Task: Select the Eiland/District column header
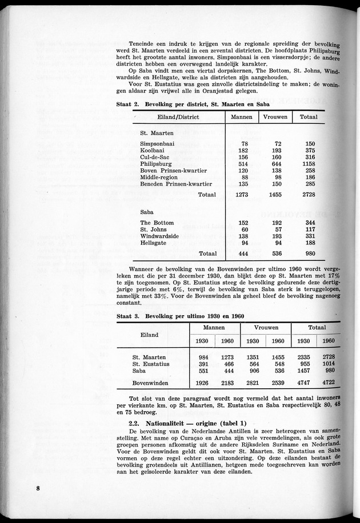(x=174, y=117)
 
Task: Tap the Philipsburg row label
(x=156, y=163)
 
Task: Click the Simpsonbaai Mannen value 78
(x=244, y=143)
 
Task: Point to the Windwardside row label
(x=159, y=236)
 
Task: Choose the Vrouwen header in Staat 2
(x=275, y=117)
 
